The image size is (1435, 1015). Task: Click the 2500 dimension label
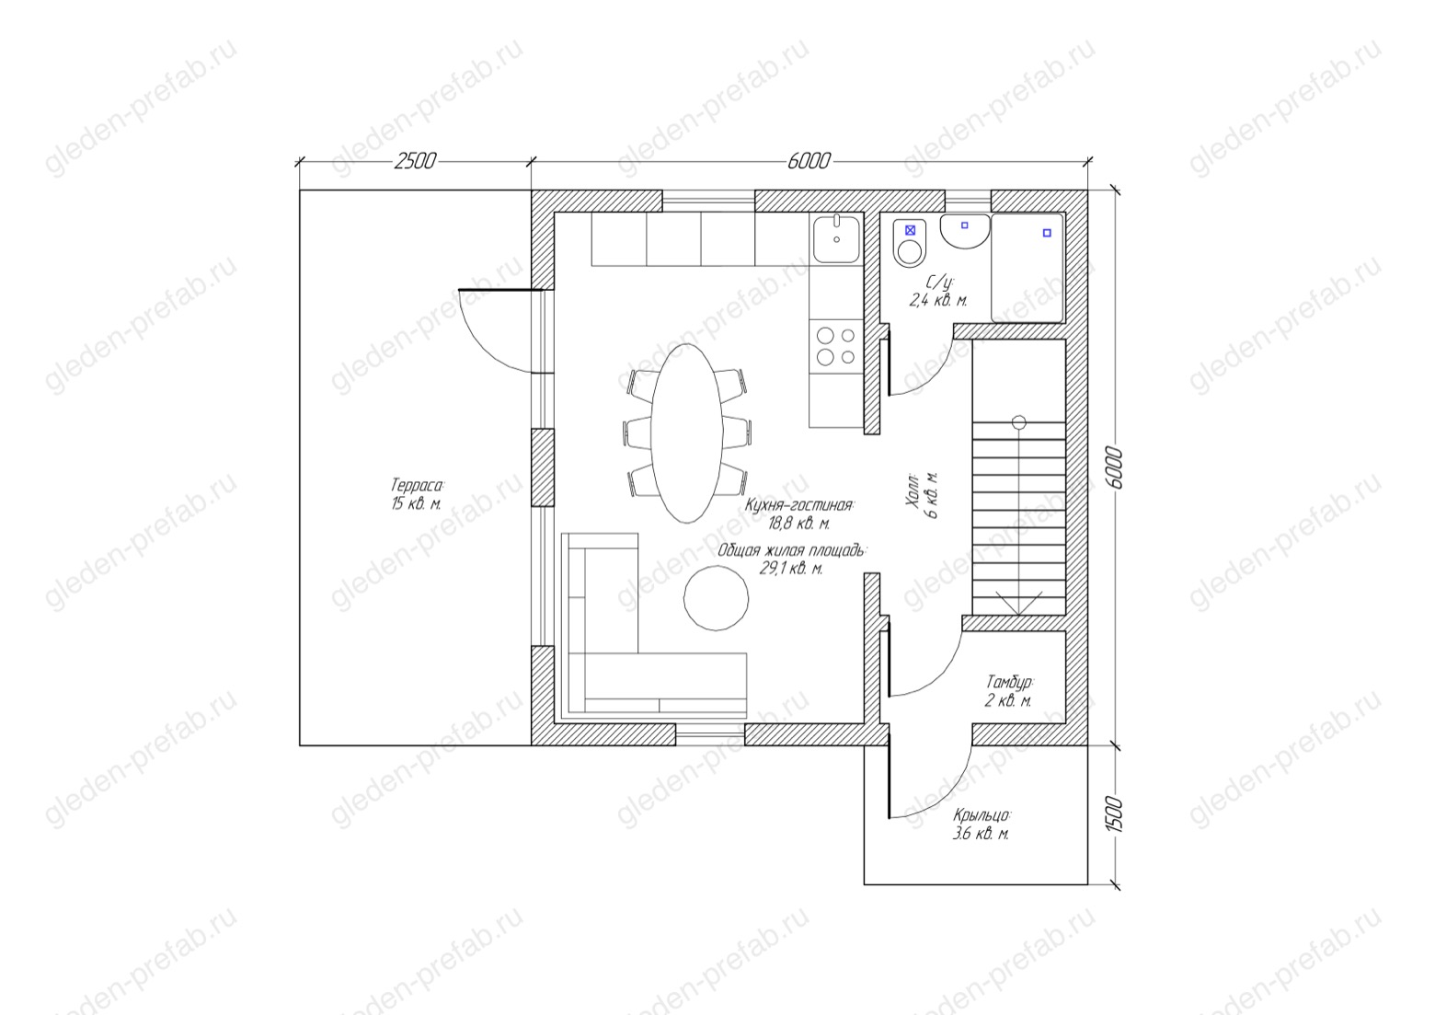415,161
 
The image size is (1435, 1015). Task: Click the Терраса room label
417,485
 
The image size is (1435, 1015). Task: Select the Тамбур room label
1010,681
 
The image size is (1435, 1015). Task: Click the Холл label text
913,495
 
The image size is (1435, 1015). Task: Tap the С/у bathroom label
940,282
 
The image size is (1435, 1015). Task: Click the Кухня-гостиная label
798,505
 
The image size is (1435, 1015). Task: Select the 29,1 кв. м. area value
790,569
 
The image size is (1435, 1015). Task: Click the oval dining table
687,433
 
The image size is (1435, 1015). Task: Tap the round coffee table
716,598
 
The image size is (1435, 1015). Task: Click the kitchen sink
836,238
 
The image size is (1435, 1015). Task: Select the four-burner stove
836,347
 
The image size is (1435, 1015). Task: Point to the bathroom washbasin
965,232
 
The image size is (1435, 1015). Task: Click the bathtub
1027,268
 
